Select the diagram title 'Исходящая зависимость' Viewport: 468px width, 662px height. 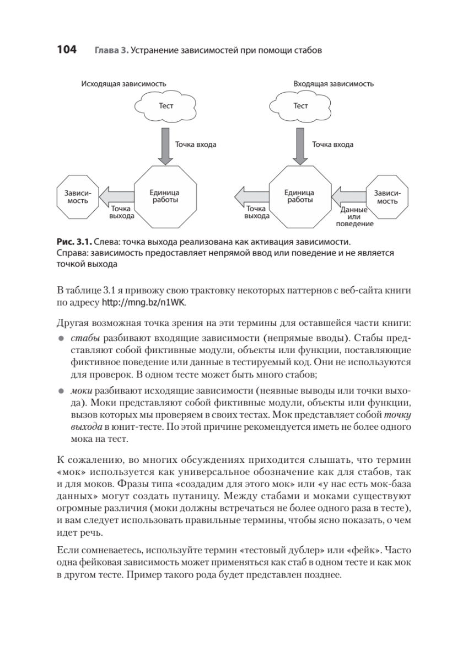(x=123, y=84)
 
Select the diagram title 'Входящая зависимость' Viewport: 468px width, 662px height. (x=333, y=84)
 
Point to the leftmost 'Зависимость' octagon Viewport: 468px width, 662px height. (x=78, y=197)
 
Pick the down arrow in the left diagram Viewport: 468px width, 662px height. (x=165, y=145)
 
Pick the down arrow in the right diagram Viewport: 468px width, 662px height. (x=300, y=145)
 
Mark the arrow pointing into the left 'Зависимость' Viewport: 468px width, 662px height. (x=118, y=196)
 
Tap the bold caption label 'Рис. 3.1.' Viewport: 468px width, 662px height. (x=74, y=242)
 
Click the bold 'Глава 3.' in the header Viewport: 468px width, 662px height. (x=111, y=51)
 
